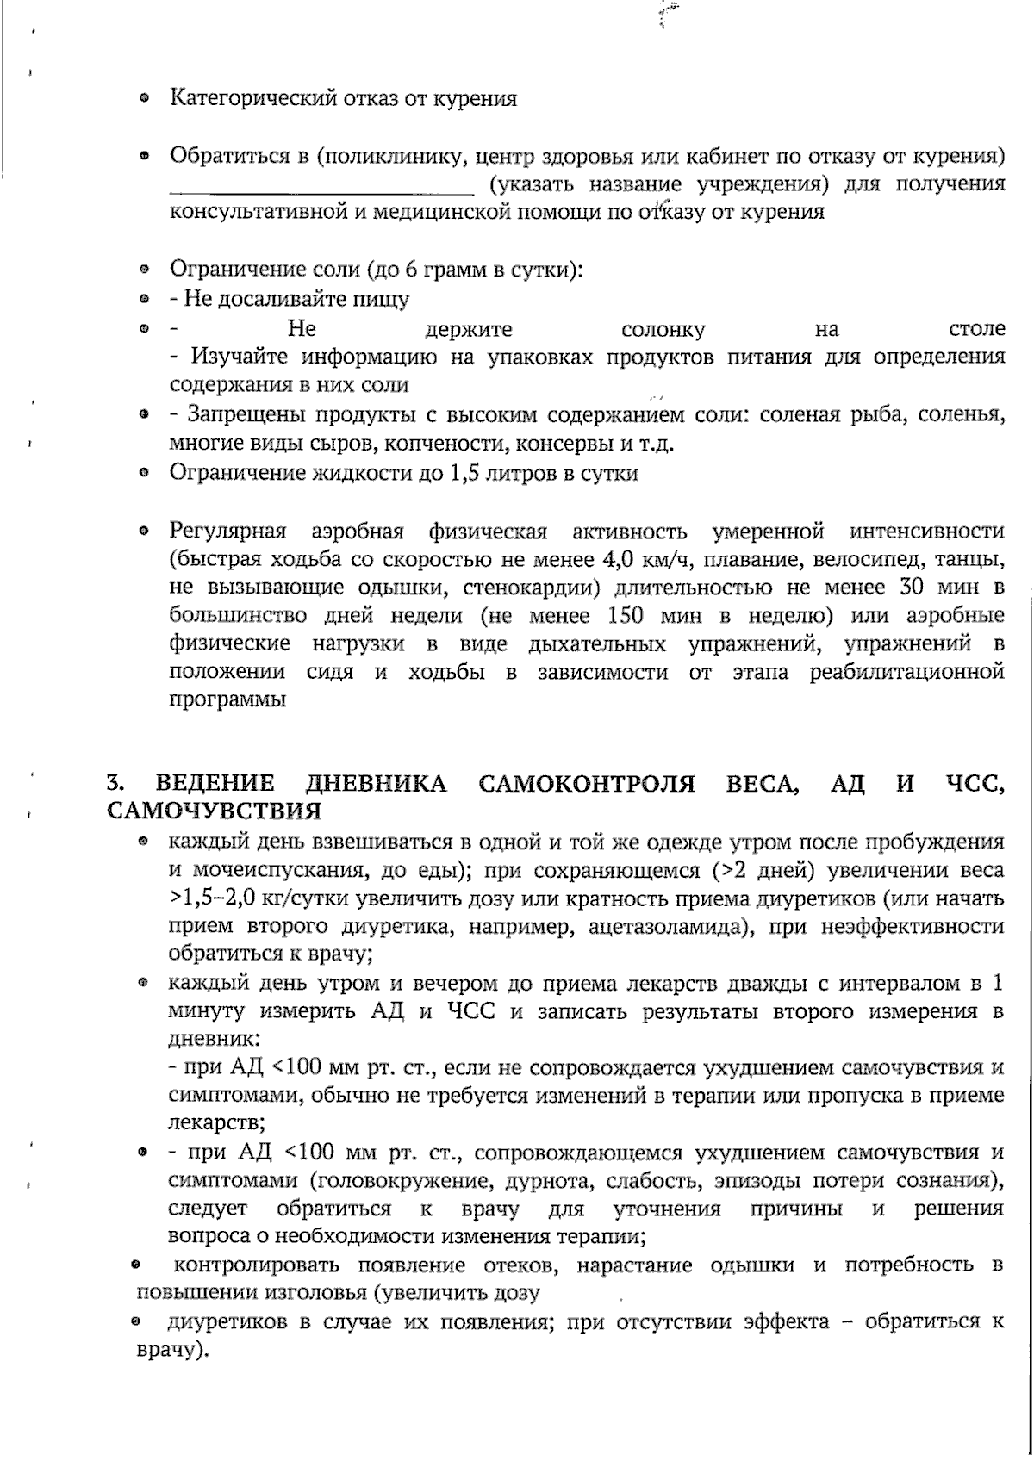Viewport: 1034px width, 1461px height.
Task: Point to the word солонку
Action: pyautogui.click(x=663, y=330)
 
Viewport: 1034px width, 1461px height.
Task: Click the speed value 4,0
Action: pyautogui.click(x=616, y=559)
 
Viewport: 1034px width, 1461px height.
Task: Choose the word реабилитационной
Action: pyautogui.click(x=906, y=672)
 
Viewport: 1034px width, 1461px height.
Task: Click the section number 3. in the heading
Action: pyautogui.click(x=113, y=783)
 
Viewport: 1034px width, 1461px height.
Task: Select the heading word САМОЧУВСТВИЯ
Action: pyautogui.click(x=214, y=811)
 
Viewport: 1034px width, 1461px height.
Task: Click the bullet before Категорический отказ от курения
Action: pyautogui.click(x=146, y=100)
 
